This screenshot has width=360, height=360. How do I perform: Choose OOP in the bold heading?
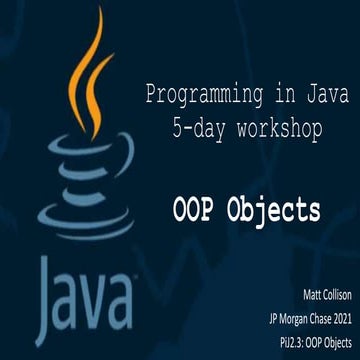coord(190,210)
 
